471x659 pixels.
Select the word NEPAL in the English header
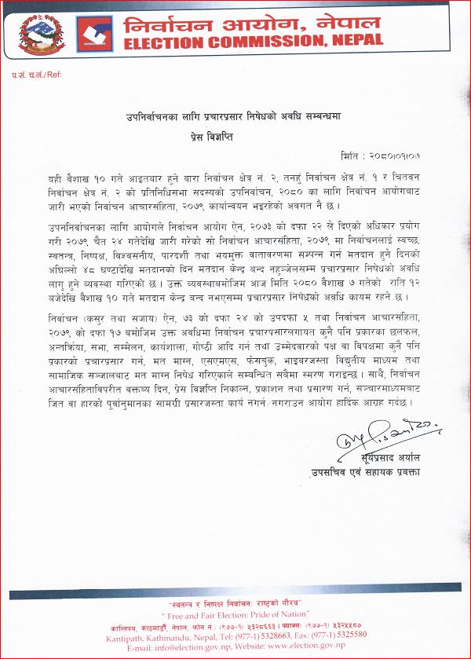click(350, 38)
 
